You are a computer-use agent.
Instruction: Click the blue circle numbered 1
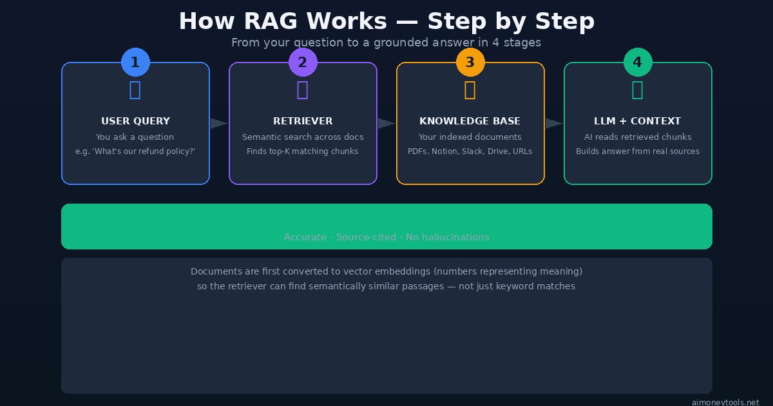click(135, 63)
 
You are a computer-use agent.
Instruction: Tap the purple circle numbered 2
click(303, 63)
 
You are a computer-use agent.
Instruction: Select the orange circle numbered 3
click(470, 63)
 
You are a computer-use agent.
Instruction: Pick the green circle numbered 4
click(638, 63)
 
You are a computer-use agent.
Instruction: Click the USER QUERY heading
click(135, 121)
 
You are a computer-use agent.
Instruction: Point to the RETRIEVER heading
click(303, 121)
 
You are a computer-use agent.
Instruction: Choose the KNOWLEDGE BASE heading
click(470, 121)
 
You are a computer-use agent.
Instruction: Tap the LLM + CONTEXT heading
click(637, 121)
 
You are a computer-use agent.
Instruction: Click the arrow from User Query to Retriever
click(219, 124)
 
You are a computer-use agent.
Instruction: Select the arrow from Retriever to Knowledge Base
click(386, 124)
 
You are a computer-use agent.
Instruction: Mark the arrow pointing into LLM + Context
click(554, 124)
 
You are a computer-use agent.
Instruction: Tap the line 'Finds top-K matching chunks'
click(302, 151)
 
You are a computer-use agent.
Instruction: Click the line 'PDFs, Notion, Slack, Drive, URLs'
click(470, 151)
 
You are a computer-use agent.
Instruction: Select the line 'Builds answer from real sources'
click(637, 151)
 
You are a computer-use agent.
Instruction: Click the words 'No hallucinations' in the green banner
click(447, 237)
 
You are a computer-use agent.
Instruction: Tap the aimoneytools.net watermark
click(725, 402)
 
